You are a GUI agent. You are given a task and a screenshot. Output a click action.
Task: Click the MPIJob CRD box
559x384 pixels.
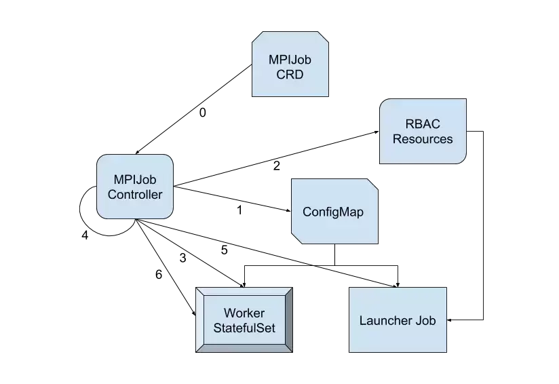click(x=290, y=64)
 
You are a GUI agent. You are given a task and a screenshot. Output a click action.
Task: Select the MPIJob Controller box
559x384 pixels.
click(x=135, y=187)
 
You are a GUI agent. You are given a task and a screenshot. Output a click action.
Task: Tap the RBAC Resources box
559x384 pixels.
click(x=423, y=131)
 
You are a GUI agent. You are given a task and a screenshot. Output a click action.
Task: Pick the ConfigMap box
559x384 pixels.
click(x=334, y=212)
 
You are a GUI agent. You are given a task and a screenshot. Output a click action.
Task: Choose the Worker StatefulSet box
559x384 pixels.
click(x=244, y=320)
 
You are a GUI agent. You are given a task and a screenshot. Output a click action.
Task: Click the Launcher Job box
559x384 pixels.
click(x=398, y=320)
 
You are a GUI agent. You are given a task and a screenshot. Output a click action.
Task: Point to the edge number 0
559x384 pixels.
click(x=202, y=113)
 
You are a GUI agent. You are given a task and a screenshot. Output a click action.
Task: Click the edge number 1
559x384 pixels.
click(x=239, y=210)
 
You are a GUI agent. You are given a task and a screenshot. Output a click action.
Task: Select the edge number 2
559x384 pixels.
click(x=276, y=166)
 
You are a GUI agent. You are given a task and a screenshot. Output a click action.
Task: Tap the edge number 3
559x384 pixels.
click(x=183, y=258)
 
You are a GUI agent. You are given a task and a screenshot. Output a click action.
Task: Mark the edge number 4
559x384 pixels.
click(x=85, y=235)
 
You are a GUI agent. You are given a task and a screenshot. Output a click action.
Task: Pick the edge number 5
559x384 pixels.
click(x=225, y=250)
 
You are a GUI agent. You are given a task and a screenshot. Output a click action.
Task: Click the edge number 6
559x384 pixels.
click(x=159, y=274)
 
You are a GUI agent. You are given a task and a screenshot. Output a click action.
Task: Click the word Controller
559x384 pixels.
click(x=135, y=194)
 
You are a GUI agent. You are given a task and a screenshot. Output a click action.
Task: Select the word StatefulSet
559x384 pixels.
click(x=244, y=328)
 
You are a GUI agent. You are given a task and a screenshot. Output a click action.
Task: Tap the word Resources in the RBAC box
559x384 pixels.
click(x=423, y=138)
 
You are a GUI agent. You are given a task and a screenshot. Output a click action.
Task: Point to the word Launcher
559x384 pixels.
click(x=381, y=320)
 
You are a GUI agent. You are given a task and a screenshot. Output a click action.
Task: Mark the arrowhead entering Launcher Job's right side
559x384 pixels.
click(x=449, y=320)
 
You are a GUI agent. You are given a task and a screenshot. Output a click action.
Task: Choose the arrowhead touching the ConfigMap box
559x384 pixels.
click(x=289, y=211)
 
